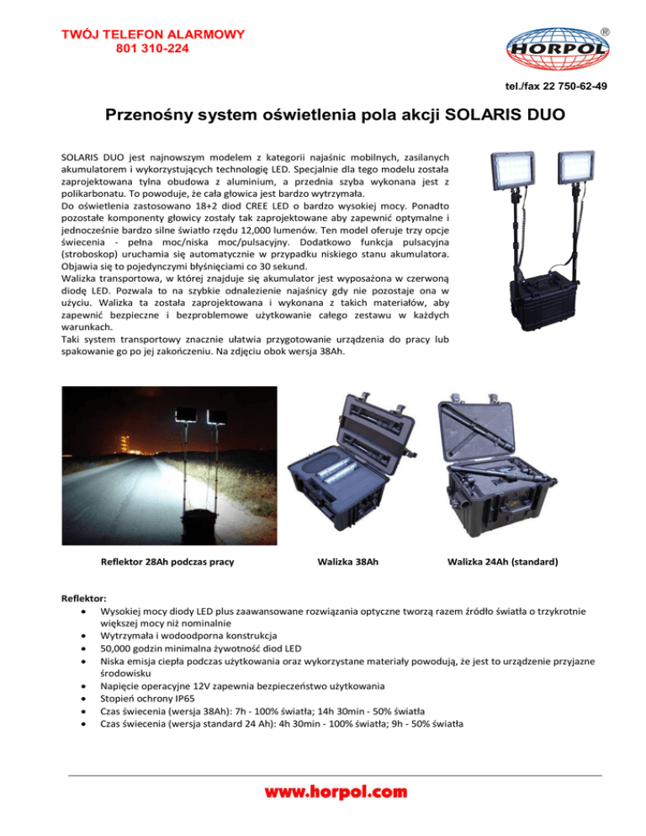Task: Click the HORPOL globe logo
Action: (557, 52)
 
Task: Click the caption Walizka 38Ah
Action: (347, 560)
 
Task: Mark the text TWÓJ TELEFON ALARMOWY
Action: (152, 34)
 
